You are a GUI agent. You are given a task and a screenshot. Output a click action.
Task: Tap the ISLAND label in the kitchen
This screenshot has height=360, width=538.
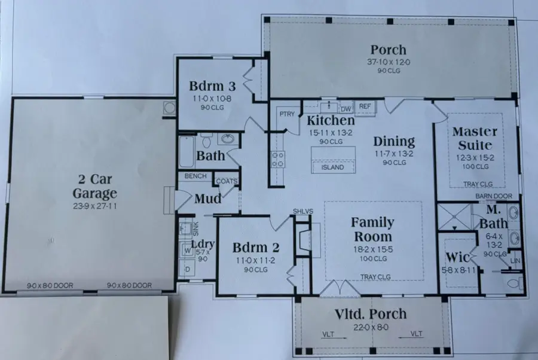click(333, 167)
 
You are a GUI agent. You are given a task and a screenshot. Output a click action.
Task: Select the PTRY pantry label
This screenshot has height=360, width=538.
click(287, 114)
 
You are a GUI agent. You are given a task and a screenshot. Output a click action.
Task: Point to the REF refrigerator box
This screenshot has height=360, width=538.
click(364, 106)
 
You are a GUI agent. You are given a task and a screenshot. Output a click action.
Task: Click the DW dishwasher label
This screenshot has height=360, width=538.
click(346, 109)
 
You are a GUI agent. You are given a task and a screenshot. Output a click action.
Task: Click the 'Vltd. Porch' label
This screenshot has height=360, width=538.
click(371, 314)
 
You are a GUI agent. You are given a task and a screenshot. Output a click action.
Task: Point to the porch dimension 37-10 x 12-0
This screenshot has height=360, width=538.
click(387, 62)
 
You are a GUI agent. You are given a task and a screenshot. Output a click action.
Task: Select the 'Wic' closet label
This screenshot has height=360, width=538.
click(457, 258)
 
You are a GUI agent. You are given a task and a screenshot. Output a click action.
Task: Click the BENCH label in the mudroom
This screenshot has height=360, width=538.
click(196, 176)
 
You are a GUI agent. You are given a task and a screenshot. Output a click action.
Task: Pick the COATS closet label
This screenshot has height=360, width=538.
click(227, 181)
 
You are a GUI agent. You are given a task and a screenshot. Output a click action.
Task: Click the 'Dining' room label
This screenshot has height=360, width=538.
click(394, 142)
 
